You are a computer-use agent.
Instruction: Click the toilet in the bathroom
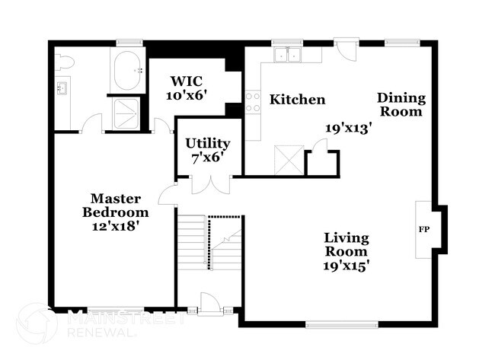(64, 62)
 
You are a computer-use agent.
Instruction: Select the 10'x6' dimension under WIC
(187, 95)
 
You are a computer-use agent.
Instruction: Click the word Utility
(208, 143)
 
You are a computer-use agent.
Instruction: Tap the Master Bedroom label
(116, 205)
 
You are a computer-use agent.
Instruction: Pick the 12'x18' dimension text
(116, 225)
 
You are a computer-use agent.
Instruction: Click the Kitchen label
(299, 100)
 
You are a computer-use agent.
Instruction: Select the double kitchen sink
(288, 55)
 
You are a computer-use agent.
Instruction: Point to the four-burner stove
(253, 103)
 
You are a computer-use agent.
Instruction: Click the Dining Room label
(401, 104)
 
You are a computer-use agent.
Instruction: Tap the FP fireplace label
(423, 228)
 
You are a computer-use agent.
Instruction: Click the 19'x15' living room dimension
(346, 266)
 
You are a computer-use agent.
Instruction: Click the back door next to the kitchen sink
(346, 52)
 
